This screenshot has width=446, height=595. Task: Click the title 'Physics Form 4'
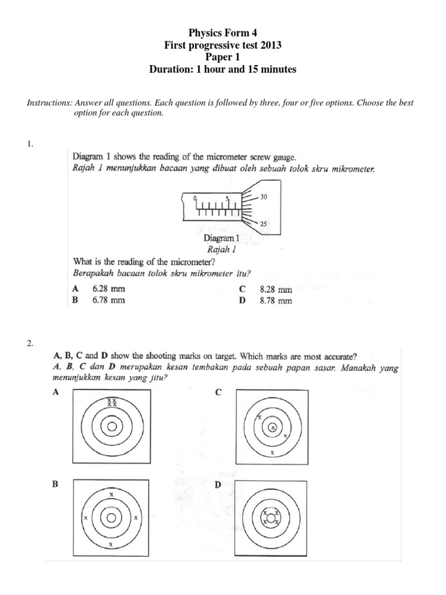pos(223,33)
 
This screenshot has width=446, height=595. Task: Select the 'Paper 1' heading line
pos(223,58)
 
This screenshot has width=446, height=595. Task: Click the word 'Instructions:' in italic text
pos(49,103)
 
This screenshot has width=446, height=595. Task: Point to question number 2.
pos(30,343)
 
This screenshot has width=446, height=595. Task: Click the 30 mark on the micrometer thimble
pos(264,198)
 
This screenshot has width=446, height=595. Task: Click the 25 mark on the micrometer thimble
pos(264,224)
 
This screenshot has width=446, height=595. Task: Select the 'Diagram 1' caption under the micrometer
pos(221,238)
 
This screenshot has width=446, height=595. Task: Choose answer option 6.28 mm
pos(109,289)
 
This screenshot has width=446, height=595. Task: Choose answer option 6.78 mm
pos(109,300)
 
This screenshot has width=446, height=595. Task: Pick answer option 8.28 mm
pos(276,289)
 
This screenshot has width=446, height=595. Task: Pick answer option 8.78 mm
pos(276,300)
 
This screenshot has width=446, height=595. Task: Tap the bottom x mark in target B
pos(111,544)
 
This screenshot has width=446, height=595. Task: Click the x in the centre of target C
pos(272,428)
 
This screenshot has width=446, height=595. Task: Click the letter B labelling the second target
pos(56,483)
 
